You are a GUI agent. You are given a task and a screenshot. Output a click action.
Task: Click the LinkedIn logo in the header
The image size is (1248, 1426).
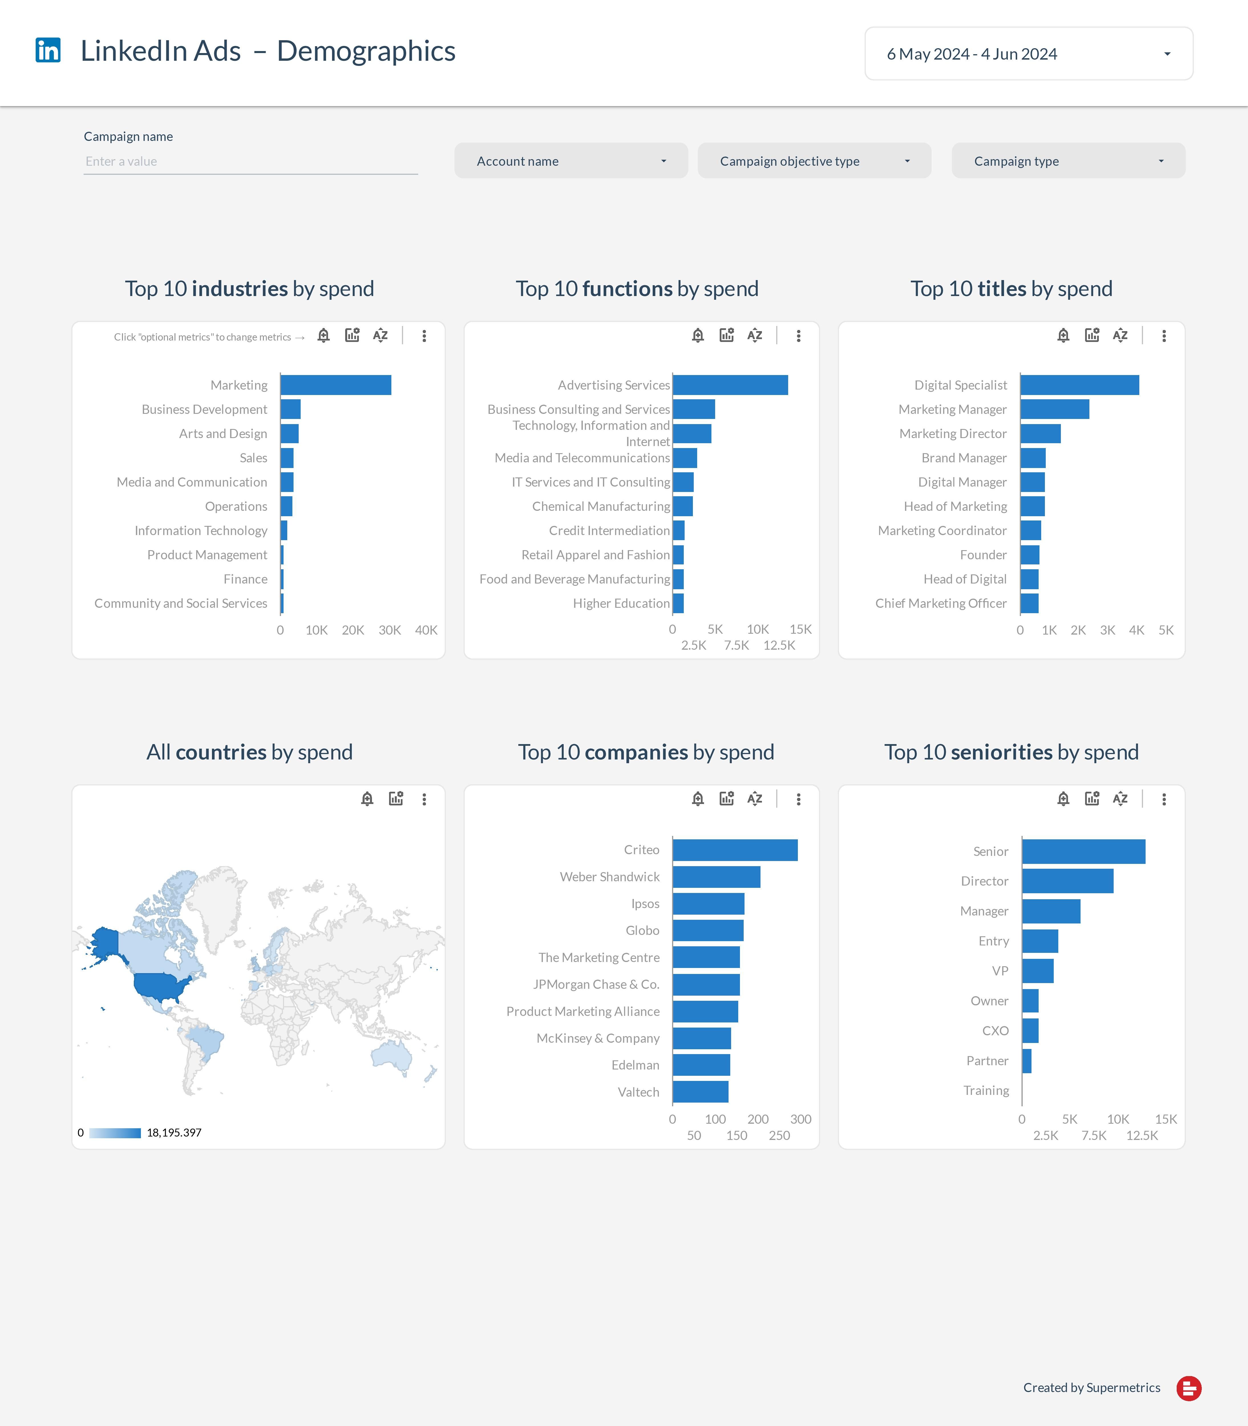[x=48, y=50]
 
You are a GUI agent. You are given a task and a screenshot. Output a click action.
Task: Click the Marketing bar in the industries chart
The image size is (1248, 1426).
[x=336, y=385]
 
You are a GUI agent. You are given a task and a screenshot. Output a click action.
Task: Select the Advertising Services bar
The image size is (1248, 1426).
[x=730, y=385]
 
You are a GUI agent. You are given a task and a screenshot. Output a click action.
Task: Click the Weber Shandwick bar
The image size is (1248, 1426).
[x=716, y=877]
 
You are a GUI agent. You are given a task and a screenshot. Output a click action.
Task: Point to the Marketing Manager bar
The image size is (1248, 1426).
[x=1054, y=410]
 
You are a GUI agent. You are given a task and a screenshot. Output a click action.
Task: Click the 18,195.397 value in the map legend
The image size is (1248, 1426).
[x=174, y=1133]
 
